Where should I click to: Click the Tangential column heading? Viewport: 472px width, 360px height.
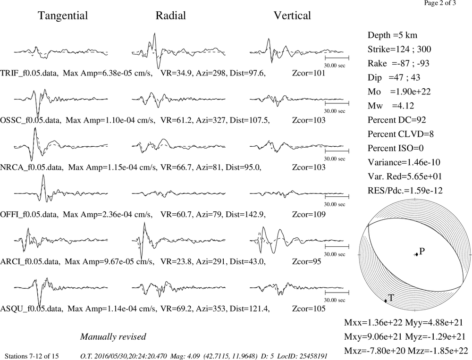(x=63, y=16)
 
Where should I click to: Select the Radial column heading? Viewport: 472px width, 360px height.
(x=171, y=16)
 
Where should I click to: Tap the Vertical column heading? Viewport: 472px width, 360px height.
(x=292, y=16)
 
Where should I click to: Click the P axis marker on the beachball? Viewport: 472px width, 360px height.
(x=417, y=255)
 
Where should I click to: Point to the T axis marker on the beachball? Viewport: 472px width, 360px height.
(x=385, y=301)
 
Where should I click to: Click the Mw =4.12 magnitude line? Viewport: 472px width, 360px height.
(x=391, y=106)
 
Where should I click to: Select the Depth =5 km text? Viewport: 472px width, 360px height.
(x=392, y=35)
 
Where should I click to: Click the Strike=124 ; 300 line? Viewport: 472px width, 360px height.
(x=399, y=49)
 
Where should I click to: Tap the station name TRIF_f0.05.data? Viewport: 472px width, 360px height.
(x=29, y=73)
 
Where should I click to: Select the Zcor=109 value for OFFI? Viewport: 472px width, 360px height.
(x=309, y=214)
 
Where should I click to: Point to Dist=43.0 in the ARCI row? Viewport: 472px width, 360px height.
(x=247, y=261)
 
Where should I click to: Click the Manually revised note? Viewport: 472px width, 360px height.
(x=113, y=336)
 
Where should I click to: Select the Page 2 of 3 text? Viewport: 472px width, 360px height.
(x=440, y=3)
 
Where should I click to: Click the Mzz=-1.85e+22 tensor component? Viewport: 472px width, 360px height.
(x=438, y=351)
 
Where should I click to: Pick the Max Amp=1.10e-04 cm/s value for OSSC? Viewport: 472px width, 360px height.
(x=110, y=120)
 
